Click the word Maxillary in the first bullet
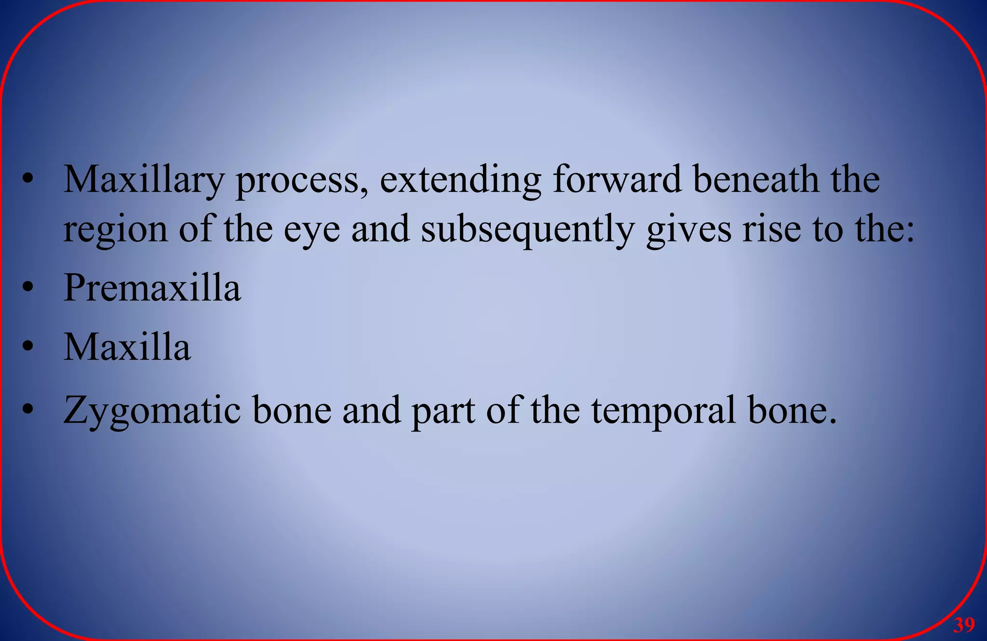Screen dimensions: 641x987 [x=144, y=180]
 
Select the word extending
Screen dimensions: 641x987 [x=460, y=180]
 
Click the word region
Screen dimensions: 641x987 [x=115, y=230]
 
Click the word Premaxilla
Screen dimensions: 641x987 [x=152, y=288]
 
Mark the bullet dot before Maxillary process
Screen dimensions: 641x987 [x=28, y=180]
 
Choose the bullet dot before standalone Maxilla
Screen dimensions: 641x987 [x=28, y=347]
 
